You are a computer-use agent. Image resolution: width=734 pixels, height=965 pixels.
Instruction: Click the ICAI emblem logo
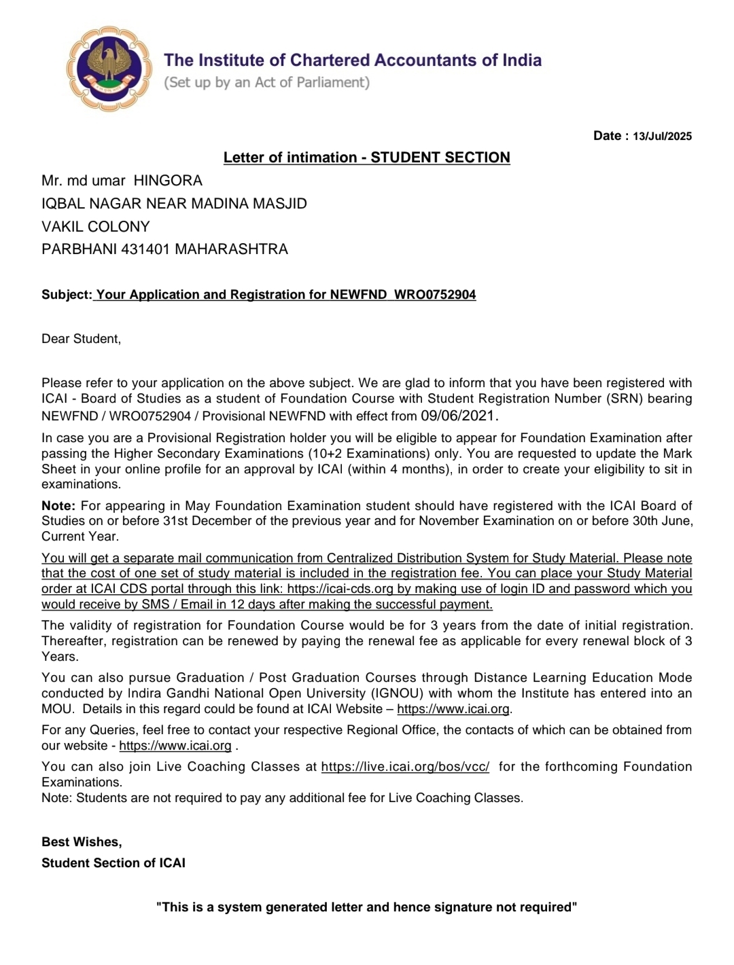click(109, 69)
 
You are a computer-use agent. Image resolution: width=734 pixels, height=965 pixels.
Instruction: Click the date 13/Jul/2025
click(662, 136)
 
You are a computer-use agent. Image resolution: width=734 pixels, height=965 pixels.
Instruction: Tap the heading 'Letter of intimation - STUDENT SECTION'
click(366, 158)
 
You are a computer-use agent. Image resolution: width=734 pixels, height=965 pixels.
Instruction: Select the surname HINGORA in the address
click(168, 181)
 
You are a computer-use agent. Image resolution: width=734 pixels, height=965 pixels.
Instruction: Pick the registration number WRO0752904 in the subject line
click(435, 295)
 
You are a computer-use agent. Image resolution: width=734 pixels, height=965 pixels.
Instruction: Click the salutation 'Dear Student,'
click(81, 339)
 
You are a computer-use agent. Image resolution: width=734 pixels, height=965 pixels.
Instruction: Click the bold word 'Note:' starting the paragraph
click(58, 506)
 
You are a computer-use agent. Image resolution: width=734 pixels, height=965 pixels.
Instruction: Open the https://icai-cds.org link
click(340, 589)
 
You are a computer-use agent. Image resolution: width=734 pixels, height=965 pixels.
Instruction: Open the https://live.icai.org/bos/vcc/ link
click(405, 767)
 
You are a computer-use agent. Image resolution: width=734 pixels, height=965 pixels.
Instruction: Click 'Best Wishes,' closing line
click(82, 842)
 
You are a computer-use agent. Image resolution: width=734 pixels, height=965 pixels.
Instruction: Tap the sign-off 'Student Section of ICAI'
click(113, 863)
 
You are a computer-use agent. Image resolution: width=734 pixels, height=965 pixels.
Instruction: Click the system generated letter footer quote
click(366, 907)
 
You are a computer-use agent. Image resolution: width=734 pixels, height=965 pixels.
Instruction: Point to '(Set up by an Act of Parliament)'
click(266, 82)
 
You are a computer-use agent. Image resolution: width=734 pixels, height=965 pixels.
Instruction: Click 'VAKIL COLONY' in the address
click(95, 227)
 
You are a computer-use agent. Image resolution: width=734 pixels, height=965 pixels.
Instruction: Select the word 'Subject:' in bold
click(66, 295)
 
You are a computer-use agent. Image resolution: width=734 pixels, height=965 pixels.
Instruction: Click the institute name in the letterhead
click(352, 60)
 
